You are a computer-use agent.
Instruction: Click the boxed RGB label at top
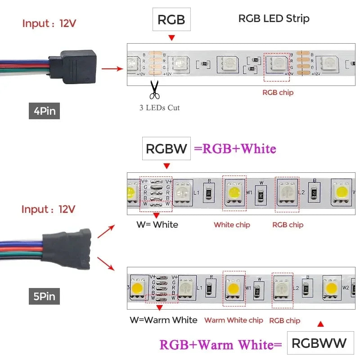(x=171, y=20)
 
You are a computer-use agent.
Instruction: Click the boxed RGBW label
(x=166, y=148)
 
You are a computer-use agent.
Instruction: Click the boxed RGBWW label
(x=320, y=343)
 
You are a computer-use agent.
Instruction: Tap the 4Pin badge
(x=45, y=111)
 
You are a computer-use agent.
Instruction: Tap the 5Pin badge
(x=45, y=297)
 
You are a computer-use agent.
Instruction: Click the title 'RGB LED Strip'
(x=274, y=18)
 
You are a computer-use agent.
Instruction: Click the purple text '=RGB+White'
(x=234, y=149)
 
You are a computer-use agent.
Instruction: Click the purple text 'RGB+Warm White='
(x=220, y=345)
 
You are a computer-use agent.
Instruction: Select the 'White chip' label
(x=232, y=225)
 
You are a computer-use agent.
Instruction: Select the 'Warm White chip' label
(x=234, y=320)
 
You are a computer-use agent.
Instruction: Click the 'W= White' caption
(x=157, y=225)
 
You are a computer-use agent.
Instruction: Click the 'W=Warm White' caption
(x=163, y=320)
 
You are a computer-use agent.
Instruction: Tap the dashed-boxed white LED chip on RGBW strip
(x=234, y=193)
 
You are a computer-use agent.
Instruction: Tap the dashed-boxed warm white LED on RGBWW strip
(x=234, y=288)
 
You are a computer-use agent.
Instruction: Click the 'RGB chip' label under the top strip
(x=278, y=92)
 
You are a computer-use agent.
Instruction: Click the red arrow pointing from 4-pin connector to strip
(x=112, y=69)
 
